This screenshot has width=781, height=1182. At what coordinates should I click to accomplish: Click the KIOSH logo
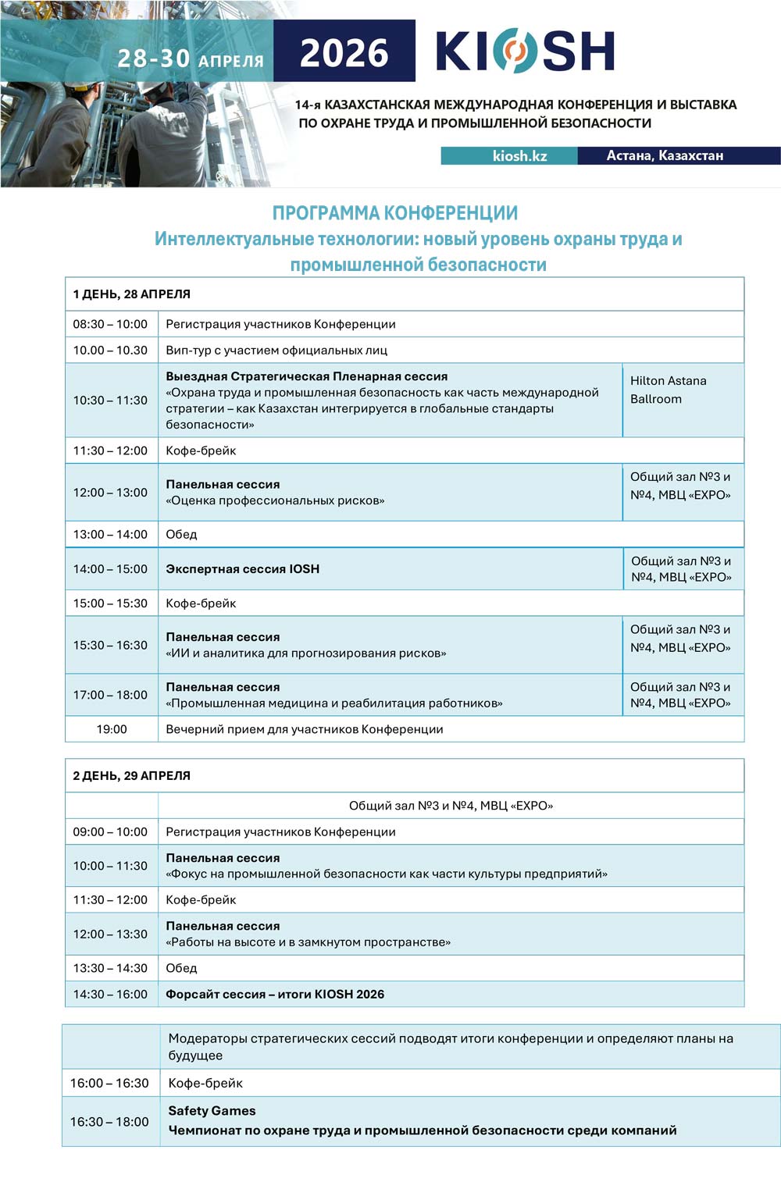(525, 52)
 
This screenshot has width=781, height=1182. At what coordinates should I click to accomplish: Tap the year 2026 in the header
(344, 53)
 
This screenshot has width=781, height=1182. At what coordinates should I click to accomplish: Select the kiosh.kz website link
(519, 155)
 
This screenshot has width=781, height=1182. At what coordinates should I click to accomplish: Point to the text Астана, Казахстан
(665, 155)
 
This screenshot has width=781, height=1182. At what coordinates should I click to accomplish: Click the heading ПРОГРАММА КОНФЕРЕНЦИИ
(394, 213)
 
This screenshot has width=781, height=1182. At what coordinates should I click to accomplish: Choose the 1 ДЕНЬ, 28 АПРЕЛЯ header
(132, 294)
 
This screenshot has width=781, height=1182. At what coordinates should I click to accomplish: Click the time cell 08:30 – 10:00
(110, 324)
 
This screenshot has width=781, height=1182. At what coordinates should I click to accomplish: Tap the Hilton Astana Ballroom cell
(669, 390)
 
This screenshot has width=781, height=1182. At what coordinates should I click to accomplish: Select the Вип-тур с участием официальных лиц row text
(276, 350)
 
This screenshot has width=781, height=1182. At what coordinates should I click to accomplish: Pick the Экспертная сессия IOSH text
(242, 568)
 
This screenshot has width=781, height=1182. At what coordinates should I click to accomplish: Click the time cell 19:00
(112, 729)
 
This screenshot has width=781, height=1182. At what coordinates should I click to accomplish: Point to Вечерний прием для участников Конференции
(305, 729)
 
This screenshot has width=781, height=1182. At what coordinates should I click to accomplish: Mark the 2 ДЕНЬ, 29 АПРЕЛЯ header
(132, 775)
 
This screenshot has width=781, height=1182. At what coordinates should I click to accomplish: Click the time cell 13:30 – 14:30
(110, 968)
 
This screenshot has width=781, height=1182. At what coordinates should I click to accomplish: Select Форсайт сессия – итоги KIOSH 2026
(275, 994)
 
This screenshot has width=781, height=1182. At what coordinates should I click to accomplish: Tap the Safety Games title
(212, 1110)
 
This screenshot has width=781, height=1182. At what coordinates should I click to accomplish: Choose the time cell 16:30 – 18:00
(109, 1122)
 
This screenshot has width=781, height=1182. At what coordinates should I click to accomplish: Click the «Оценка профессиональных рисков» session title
(275, 500)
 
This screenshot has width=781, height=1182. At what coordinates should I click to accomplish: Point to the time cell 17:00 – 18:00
(110, 695)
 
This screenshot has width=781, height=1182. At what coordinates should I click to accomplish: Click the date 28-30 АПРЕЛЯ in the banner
(191, 59)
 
